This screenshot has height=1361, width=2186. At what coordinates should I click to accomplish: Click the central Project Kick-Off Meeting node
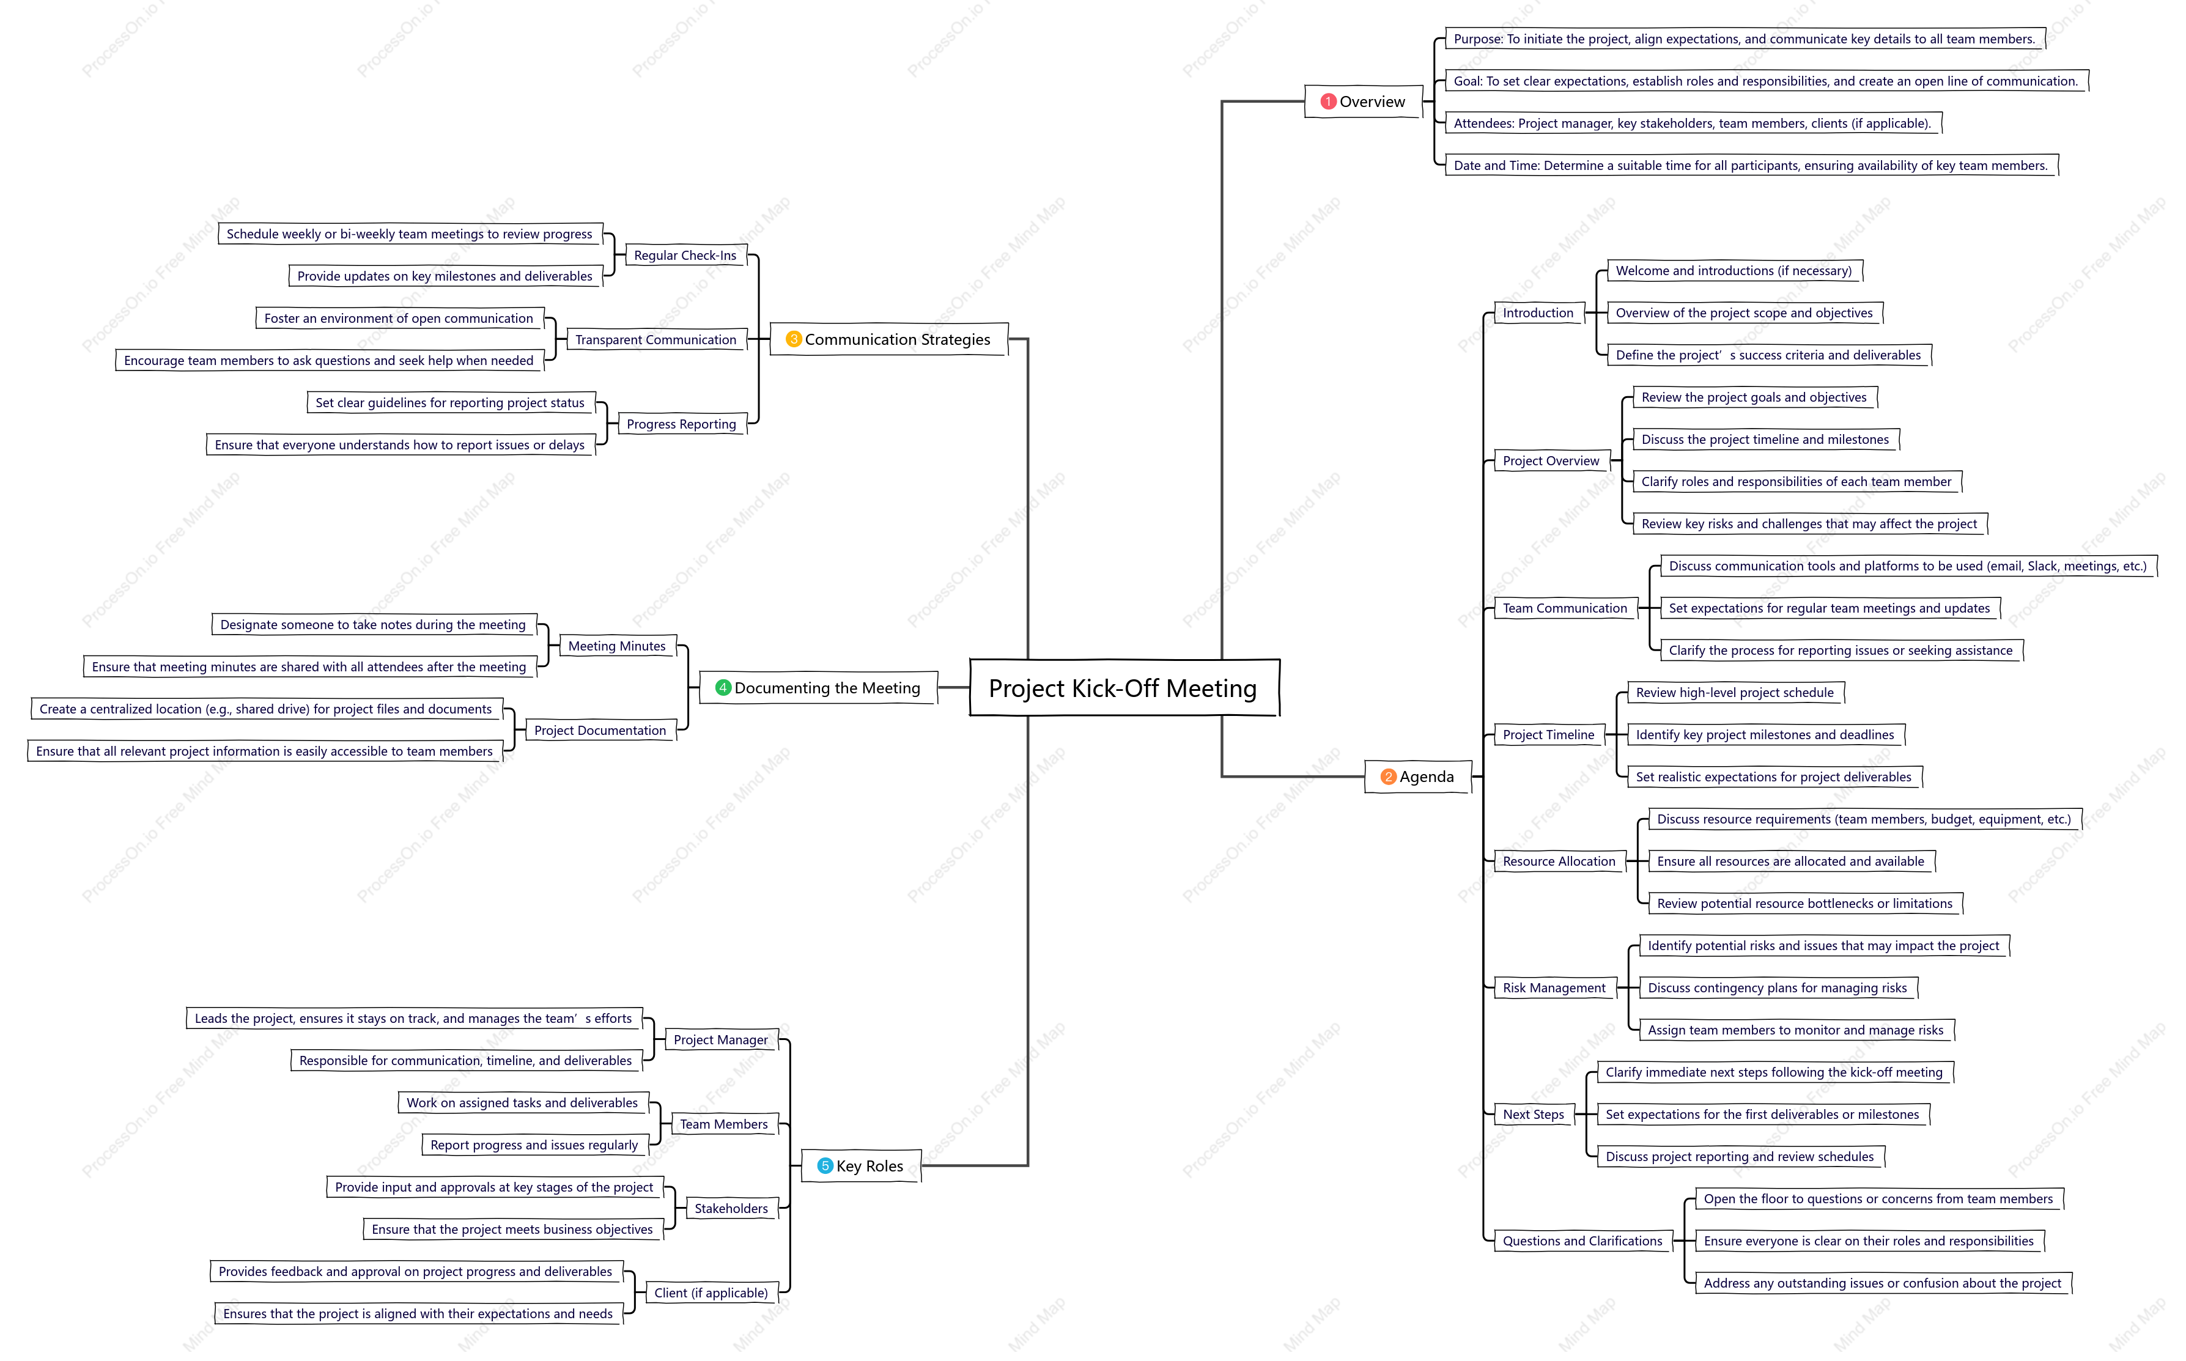click(1124, 688)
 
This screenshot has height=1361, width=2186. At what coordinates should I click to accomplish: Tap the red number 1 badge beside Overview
click(1327, 101)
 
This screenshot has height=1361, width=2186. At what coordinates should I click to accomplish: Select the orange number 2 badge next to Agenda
click(1388, 777)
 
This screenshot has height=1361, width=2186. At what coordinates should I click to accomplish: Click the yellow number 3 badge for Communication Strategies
click(793, 339)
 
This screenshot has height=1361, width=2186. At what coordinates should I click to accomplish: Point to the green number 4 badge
click(723, 688)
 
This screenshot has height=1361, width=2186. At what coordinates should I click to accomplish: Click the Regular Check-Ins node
click(686, 256)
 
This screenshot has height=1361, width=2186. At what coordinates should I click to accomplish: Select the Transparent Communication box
click(656, 339)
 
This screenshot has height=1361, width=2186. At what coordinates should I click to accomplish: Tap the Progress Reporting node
click(681, 424)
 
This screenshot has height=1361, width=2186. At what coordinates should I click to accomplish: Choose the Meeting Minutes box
click(618, 646)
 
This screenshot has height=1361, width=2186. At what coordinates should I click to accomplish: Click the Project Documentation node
click(600, 730)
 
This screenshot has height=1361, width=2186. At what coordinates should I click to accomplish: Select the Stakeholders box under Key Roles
click(732, 1208)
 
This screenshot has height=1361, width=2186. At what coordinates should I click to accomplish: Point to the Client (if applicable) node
click(711, 1293)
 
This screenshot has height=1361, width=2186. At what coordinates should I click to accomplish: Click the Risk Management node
click(1554, 987)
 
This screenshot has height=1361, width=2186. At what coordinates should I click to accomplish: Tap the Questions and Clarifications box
click(1583, 1241)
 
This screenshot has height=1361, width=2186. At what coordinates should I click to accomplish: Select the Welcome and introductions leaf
click(1734, 270)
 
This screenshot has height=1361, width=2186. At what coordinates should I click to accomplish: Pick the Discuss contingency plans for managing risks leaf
click(1778, 987)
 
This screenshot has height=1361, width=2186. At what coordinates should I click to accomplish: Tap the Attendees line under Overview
click(1693, 124)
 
